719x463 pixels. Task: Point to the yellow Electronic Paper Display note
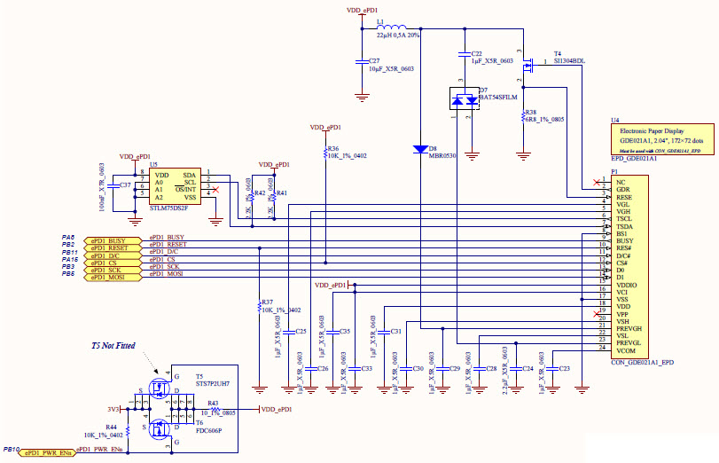click(660, 139)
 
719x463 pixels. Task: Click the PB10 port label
click(11, 450)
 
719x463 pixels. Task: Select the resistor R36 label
click(332, 149)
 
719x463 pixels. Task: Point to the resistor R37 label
click(267, 302)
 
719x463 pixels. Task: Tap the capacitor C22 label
click(477, 54)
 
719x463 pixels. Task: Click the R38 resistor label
click(530, 113)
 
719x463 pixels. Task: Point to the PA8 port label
click(67, 238)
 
